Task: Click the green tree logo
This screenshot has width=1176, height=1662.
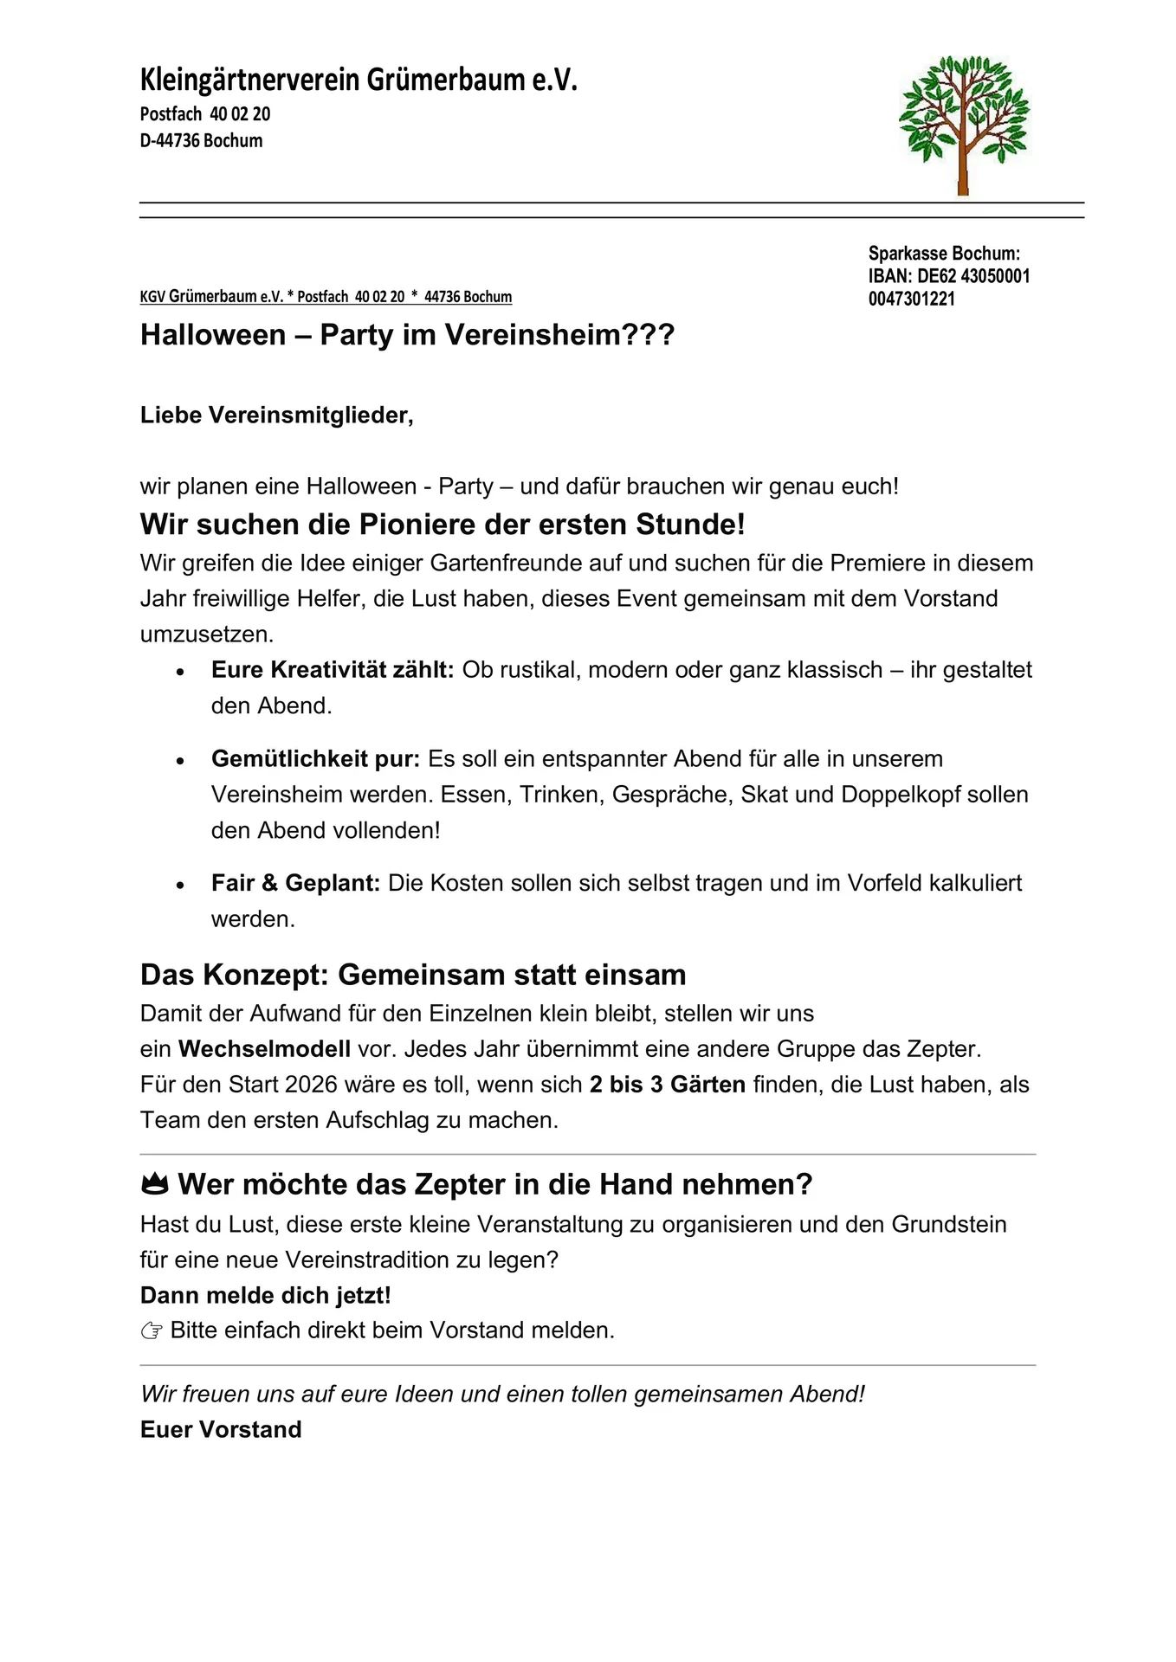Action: tap(963, 124)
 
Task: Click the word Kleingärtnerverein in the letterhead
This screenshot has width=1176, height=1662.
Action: tap(250, 81)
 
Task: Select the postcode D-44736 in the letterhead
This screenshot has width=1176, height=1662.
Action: tap(170, 141)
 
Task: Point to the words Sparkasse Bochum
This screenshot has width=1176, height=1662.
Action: tap(944, 254)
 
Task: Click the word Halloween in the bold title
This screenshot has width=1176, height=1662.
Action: tap(213, 335)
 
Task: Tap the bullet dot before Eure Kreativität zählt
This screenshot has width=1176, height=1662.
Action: tap(180, 672)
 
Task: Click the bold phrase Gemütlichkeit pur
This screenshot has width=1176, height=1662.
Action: tap(315, 759)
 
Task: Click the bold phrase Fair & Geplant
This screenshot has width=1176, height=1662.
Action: tap(295, 884)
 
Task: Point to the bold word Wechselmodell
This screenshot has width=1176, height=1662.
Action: tap(264, 1049)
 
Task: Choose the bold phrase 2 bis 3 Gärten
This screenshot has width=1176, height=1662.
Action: tap(667, 1085)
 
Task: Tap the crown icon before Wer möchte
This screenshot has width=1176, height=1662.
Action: tap(154, 1184)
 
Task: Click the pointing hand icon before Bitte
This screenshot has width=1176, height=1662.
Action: tap(152, 1331)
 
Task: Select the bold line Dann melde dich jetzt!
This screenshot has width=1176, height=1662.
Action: tap(265, 1296)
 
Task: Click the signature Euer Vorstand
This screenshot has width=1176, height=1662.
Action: tap(221, 1429)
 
